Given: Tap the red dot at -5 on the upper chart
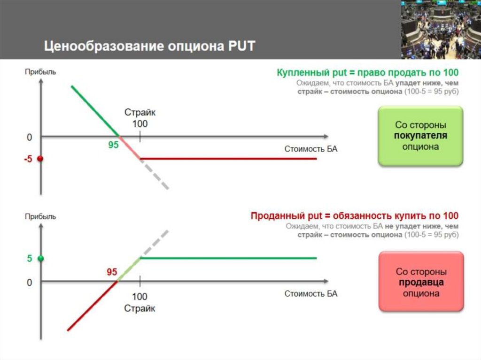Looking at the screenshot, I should pos(40,159).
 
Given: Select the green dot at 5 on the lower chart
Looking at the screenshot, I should pos(40,258).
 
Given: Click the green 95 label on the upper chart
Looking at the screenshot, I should pos(113,146).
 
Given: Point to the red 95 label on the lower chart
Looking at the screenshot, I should pos(112,272).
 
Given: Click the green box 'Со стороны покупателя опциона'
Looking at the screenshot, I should pos(420,136).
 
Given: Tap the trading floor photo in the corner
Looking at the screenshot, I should pos(441,29).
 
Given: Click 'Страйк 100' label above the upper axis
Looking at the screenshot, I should pos(140,118).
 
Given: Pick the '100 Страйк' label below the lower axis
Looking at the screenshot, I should pos(140,303).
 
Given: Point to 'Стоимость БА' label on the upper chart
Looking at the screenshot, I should pos(311,149).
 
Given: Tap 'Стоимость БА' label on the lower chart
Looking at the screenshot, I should pos(311,294).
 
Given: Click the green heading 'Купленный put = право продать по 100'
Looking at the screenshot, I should pos(367,73).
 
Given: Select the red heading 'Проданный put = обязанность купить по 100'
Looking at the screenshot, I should pos(354,216).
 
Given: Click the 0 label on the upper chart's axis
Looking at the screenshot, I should pos(30,138).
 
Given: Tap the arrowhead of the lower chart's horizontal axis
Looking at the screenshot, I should pos(325,282).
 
